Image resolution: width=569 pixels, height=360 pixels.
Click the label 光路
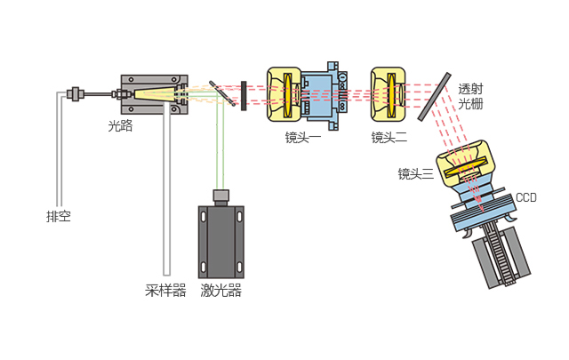(x=120, y=126)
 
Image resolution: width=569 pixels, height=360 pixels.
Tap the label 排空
(x=59, y=216)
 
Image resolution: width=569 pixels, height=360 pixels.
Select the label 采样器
(x=165, y=290)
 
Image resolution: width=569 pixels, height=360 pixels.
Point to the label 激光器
(x=220, y=290)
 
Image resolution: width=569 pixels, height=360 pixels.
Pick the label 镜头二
(x=389, y=137)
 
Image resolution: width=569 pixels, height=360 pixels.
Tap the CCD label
(x=526, y=196)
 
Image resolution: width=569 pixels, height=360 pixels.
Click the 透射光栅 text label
(x=471, y=96)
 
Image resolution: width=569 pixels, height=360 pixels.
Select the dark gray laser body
(x=220, y=240)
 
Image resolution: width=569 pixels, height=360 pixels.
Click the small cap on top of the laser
(x=220, y=196)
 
